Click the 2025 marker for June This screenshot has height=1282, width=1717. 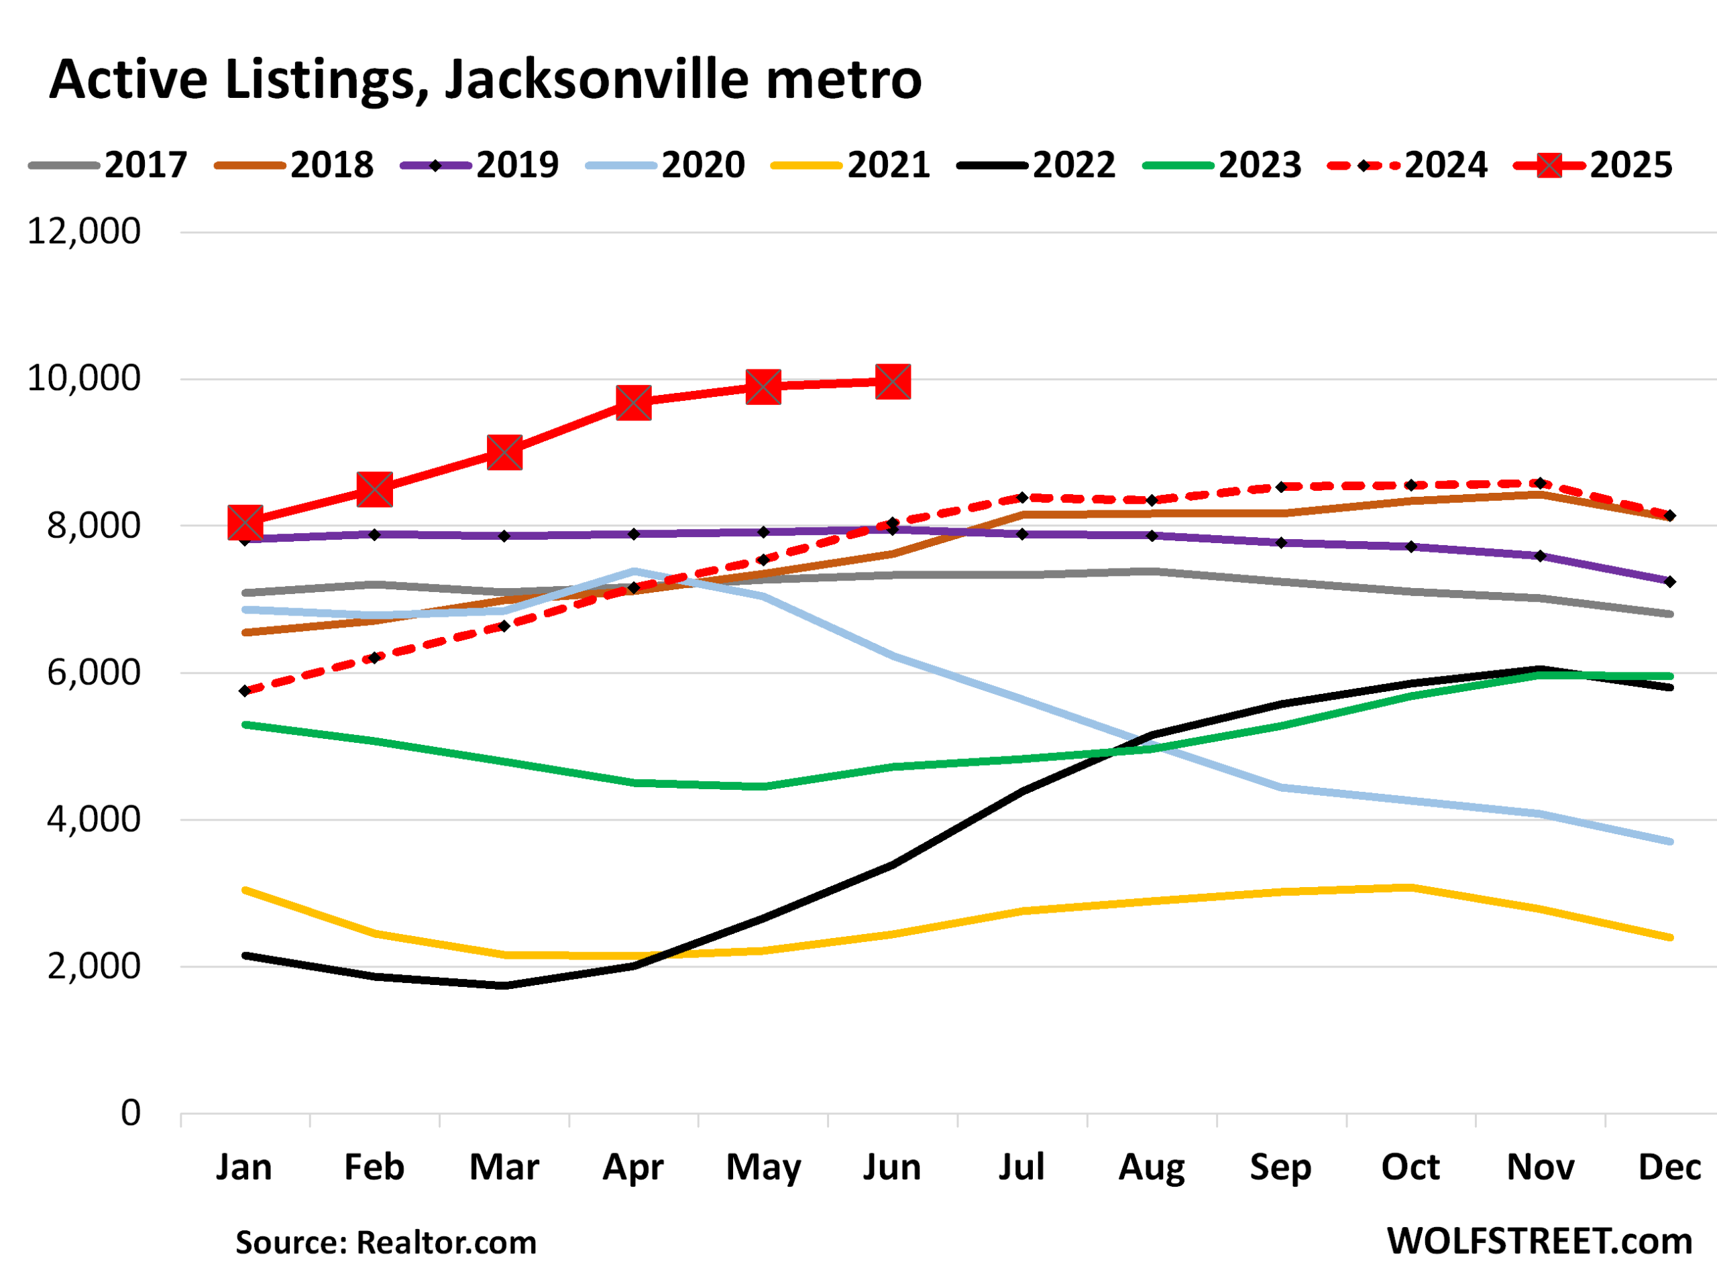pyautogui.click(x=893, y=382)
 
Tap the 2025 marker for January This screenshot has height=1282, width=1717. pyautogui.click(x=245, y=522)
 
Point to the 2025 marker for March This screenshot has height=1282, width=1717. pyautogui.click(x=504, y=453)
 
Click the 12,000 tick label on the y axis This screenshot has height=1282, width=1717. pyautogui.click(x=84, y=231)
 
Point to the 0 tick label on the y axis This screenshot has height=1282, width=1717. pyautogui.click(x=130, y=1113)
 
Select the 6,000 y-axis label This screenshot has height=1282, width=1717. pyautogui.click(x=94, y=672)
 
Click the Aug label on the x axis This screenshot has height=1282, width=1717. pyautogui.click(x=1151, y=1167)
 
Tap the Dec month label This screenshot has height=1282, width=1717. pyautogui.click(x=1669, y=1167)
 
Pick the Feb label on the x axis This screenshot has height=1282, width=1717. pyautogui.click(x=374, y=1167)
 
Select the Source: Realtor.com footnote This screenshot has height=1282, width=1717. pyautogui.click(x=386, y=1242)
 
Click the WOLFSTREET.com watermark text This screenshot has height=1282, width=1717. pyautogui.click(x=1539, y=1241)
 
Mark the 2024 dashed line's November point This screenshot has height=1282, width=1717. pyautogui.click(x=1541, y=483)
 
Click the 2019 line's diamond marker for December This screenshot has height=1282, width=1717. pyautogui.click(x=1669, y=581)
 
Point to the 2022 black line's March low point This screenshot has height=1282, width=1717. pyautogui.click(x=504, y=986)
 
